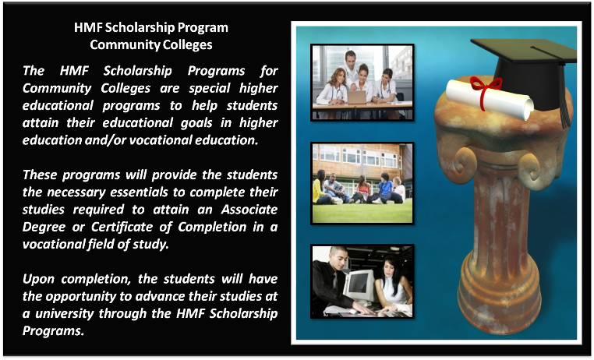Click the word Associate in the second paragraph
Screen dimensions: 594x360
pos(249,210)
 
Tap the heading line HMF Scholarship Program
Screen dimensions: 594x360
pos(151,27)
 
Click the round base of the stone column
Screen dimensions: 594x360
pos(500,291)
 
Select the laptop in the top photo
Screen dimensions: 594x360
pos(356,97)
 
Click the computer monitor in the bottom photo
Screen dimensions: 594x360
pos(358,284)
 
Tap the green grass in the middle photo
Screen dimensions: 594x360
pos(362,213)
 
